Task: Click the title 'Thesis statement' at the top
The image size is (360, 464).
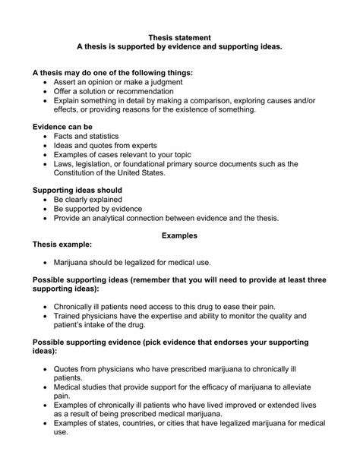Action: (179, 36)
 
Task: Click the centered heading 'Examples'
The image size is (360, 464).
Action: (179, 236)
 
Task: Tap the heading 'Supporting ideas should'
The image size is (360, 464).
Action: (77, 190)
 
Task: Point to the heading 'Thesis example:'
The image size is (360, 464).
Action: (62, 245)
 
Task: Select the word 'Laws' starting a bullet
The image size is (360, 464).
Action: (63, 163)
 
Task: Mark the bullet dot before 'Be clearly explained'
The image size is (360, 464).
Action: (46, 199)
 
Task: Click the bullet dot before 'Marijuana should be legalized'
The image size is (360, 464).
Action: (46, 262)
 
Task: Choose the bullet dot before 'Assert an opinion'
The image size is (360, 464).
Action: (46, 81)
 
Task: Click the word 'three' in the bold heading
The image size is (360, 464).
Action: (315, 280)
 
